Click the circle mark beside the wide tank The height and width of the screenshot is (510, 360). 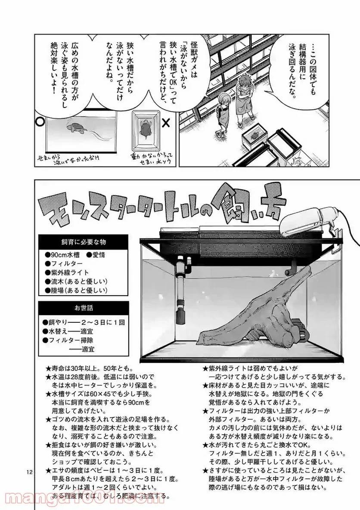(40, 122)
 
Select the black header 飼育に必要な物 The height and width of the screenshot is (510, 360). (84, 241)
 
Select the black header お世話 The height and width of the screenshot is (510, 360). (84, 308)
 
